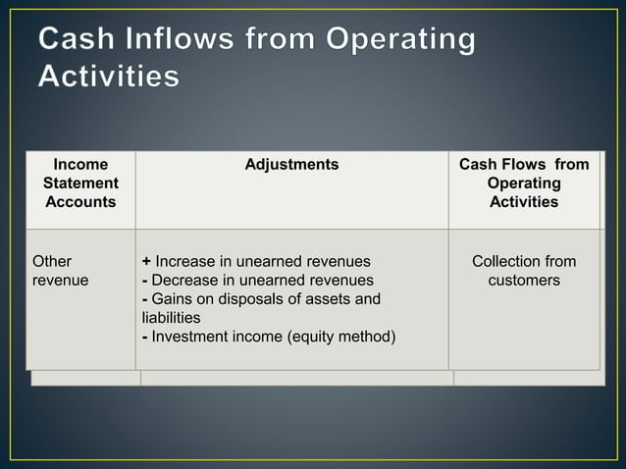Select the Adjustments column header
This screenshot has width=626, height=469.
point(291,165)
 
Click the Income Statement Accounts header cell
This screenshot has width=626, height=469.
point(80,183)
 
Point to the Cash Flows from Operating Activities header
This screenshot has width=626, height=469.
point(524,183)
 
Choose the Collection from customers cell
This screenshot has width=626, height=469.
point(524,271)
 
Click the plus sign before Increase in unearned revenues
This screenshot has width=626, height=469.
point(146,262)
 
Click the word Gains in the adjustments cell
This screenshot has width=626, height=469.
point(173,299)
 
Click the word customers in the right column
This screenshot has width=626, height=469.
point(524,281)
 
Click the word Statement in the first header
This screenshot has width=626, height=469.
point(80,183)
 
